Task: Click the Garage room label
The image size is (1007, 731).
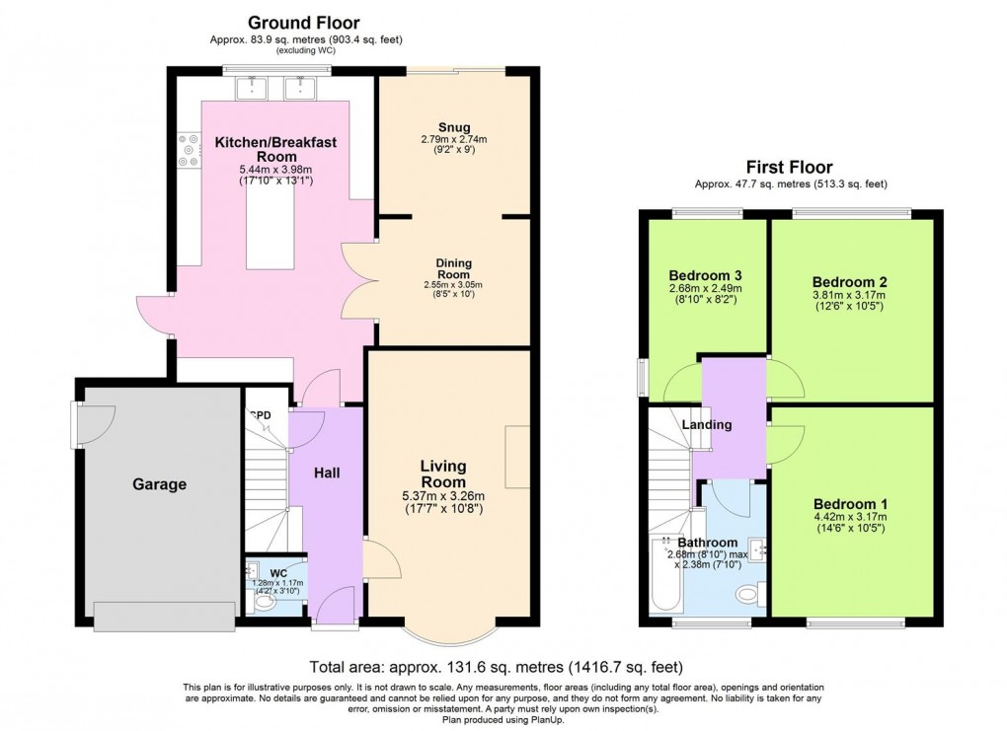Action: [x=159, y=484]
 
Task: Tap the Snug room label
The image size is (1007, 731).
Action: [x=455, y=125]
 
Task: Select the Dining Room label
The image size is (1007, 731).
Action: [x=455, y=269]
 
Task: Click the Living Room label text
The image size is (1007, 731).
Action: [x=443, y=474]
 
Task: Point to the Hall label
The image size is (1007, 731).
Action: [x=327, y=474]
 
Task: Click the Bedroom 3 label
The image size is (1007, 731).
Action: [x=705, y=275]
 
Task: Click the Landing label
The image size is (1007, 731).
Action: [x=707, y=425]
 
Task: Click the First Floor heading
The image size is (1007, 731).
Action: [x=790, y=168]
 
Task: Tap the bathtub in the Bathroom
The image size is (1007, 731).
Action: [x=660, y=576]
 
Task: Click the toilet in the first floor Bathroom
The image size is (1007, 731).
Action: [x=747, y=595]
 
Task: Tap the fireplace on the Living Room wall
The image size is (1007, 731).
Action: [x=517, y=457]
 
